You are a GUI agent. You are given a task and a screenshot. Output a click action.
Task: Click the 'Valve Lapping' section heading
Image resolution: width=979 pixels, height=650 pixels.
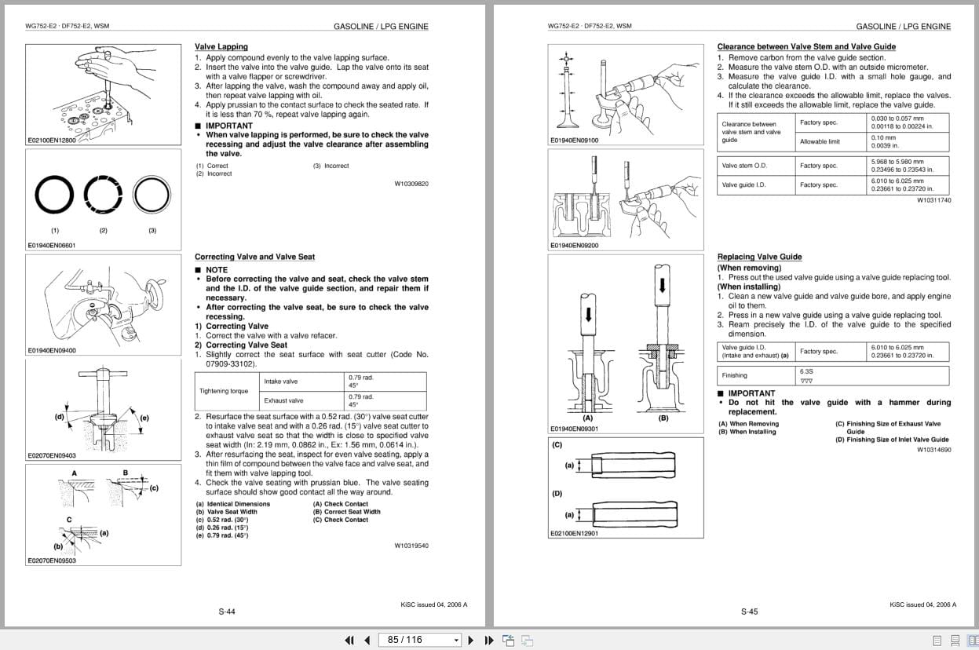point(221,47)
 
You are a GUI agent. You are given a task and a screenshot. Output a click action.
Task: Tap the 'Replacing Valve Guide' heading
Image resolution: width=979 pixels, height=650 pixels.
point(759,257)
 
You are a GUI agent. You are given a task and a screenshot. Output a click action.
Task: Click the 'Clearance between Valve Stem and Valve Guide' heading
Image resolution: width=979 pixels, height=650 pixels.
point(806,47)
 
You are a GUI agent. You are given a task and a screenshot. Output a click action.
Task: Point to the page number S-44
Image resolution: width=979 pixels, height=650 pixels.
point(226,612)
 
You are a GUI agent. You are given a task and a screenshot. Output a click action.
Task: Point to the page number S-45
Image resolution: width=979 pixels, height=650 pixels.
point(749,612)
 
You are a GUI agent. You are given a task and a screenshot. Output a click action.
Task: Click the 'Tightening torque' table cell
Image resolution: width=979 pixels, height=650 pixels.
point(223,391)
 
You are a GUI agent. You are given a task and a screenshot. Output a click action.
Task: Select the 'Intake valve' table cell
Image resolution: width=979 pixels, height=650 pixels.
point(281,382)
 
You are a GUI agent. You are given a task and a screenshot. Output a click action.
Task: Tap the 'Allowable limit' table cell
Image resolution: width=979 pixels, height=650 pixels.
point(820,141)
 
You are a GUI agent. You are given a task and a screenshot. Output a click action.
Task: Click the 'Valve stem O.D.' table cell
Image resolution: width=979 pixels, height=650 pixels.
point(744,166)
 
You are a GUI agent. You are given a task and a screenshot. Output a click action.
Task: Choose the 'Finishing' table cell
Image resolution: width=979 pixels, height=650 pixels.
point(735,375)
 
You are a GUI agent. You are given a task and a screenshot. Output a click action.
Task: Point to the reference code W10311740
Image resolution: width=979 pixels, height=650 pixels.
point(933,200)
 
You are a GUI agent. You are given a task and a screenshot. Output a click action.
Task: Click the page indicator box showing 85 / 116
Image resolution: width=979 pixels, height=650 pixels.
point(419,640)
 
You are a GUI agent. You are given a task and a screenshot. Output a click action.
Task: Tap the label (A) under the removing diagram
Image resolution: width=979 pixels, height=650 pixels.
point(586,418)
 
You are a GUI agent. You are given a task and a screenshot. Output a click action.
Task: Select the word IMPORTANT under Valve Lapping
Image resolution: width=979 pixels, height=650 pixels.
point(228,126)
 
